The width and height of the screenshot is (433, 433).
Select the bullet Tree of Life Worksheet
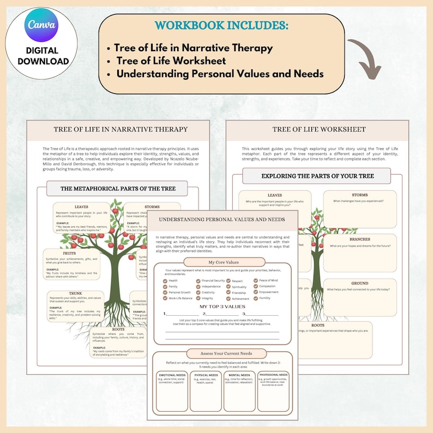coord(170,61)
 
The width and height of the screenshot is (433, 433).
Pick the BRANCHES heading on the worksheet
coord(359,239)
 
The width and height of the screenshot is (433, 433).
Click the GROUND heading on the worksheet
coord(359,284)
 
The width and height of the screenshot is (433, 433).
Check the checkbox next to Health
coord(165,281)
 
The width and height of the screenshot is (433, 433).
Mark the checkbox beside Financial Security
coord(199,281)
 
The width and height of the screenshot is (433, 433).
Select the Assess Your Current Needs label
coord(222,353)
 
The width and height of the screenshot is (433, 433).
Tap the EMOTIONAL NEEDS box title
coord(172,375)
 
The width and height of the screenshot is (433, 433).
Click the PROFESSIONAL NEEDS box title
coord(273,375)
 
